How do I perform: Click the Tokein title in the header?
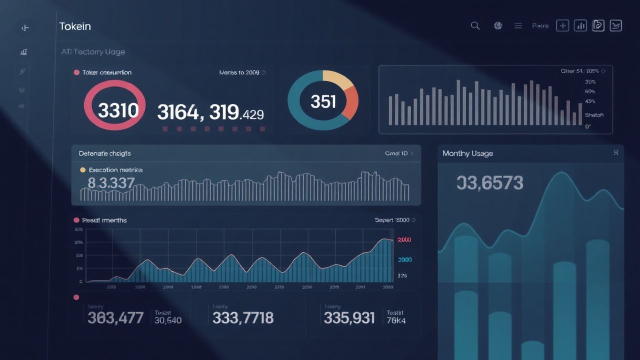tap(75, 26)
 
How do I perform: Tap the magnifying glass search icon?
tap(475, 25)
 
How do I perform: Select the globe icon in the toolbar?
tap(498, 25)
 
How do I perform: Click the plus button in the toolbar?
tap(563, 25)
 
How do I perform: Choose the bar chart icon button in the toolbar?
tap(580, 25)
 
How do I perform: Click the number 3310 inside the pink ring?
tap(118, 110)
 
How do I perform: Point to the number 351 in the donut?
tap(323, 101)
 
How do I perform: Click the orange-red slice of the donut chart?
tap(351, 102)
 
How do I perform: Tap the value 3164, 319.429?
tap(210, 113)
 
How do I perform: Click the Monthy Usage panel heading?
tap(467, 153)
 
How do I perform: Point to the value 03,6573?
tap(489, 183)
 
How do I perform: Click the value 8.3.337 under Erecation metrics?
tap(110, 183)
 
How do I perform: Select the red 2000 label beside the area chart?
tap(404, 240)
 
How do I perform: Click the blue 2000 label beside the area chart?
tap(404, 260)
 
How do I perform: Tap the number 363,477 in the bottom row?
tap(115, 317)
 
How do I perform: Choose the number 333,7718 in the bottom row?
tap(243, 317)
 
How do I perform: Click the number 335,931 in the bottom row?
tap(349, 317)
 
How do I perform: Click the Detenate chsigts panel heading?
tap(104, 153)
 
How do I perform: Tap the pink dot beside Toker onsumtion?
tap(76, 72)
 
